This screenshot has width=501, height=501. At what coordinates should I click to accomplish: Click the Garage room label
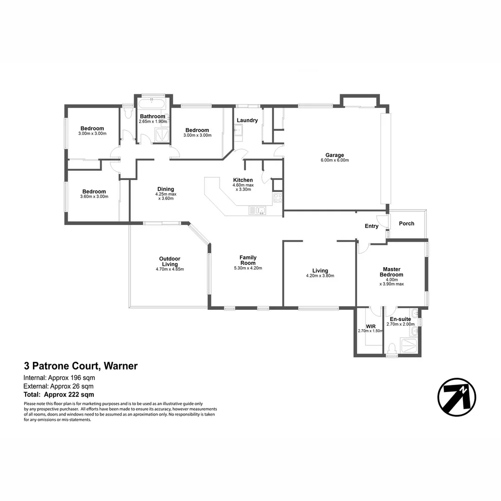tap(334, 155)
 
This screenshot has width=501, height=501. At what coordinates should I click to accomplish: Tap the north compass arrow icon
tap(456, 397)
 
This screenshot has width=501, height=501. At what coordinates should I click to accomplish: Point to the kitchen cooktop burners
tap(277, 198)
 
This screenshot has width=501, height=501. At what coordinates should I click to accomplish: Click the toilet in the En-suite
tap(392, 348)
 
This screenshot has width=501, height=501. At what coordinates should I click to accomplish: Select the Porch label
tap(406, 224)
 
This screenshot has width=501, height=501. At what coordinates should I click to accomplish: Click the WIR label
tap(370, 326)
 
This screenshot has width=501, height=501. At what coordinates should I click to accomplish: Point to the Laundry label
tap(247, 120)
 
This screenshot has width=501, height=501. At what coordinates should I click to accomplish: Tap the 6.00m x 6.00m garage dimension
tap(334, 161)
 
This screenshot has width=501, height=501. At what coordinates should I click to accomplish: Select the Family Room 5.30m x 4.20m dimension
tap(248, 268)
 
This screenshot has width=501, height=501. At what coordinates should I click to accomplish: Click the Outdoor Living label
tap(169, 262)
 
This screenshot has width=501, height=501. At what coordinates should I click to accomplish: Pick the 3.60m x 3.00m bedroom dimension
tap(94, 197)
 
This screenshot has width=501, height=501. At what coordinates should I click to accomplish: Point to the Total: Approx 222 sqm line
tap(59, 395)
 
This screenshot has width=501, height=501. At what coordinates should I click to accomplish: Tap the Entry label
tap(372, 226)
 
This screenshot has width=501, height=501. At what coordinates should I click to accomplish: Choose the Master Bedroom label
tap(392, 272)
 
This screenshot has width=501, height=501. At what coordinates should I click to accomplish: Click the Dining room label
tap(166, 189)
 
